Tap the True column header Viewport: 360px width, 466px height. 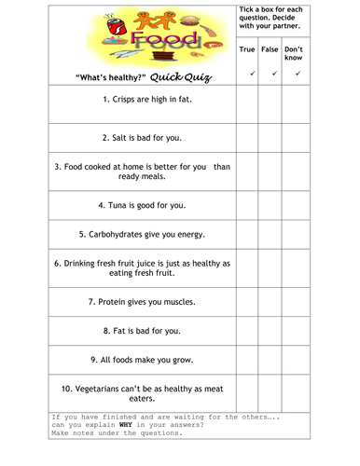247,48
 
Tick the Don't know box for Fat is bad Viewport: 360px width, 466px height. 297,330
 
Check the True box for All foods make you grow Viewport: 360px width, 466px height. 247,359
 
